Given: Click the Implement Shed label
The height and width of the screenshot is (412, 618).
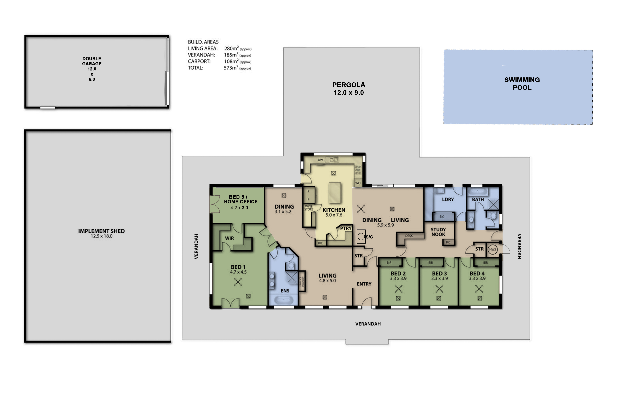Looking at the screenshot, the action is pos(101,233).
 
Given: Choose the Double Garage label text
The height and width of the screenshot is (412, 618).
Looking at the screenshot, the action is pos(92,61).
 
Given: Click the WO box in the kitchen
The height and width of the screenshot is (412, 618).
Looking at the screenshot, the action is pos(358,183).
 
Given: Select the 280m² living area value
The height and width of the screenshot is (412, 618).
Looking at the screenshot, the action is pos(231,48).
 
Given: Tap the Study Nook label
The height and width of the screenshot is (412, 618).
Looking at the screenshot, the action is pos(438,232).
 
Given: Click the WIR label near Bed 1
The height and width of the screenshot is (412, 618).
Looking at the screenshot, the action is pos(229,238).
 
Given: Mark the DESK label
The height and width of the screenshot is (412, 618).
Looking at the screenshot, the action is pos(409,236).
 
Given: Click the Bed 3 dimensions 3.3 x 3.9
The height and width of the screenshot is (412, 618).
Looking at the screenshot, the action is pos(439,278).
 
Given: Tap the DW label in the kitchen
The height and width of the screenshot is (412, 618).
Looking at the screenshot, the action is pos(320,160).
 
